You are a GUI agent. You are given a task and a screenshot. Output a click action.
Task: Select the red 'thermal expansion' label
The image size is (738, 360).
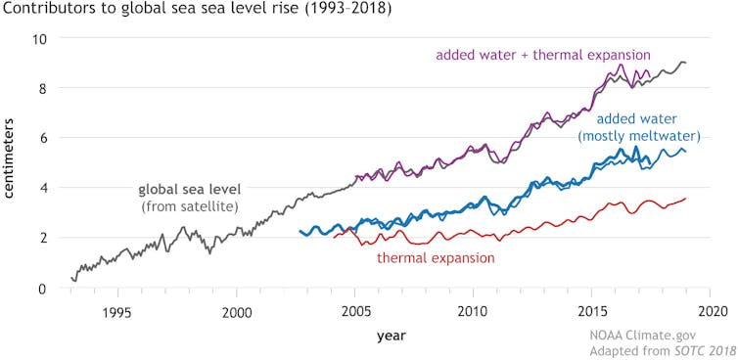click(x=436, y=258)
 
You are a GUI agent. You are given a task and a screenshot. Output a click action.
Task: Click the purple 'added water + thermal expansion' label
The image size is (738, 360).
click(x=543, y=55)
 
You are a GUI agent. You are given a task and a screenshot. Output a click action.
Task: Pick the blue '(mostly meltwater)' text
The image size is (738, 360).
click(x=635, y=135)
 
